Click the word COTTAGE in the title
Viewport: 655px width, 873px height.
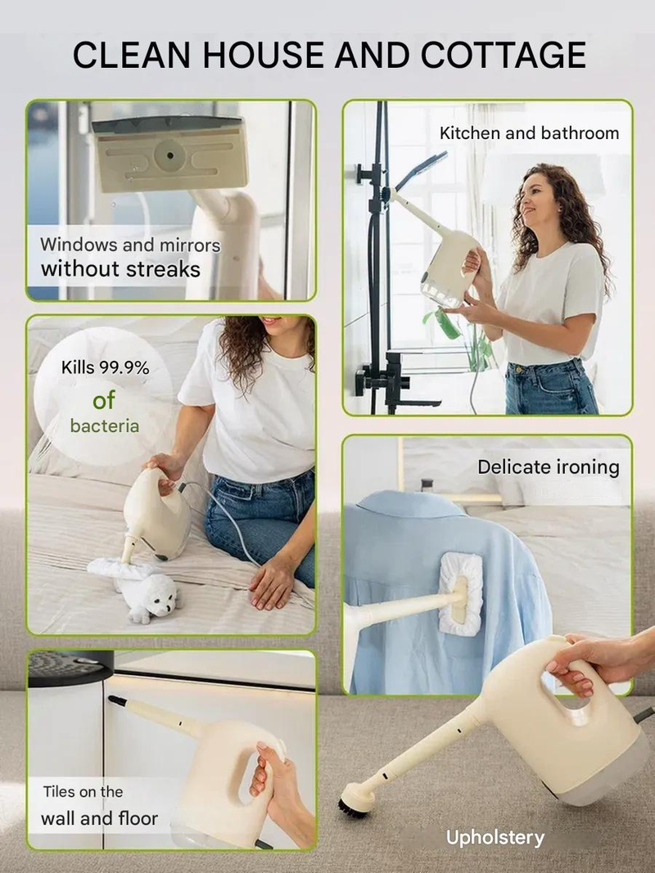coord(503,55)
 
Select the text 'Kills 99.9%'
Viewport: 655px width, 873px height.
coord(106,368)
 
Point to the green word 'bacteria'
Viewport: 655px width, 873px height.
coord(105,426)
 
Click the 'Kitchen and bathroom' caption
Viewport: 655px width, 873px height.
coord(529,133)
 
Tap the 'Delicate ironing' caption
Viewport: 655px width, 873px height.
coord(548,467)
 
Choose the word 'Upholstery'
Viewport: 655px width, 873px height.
coord(495,838)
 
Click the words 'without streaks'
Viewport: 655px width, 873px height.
coord(120,269)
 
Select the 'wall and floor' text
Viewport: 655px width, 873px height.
coord(99,818)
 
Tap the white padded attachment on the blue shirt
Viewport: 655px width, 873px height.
coord(461,594)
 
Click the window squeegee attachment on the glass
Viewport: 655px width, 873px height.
coord(169,152)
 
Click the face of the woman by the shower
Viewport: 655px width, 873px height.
coord(535,198)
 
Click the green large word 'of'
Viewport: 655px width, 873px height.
coord(104,400)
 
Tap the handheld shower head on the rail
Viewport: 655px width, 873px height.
coord(421,170)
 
